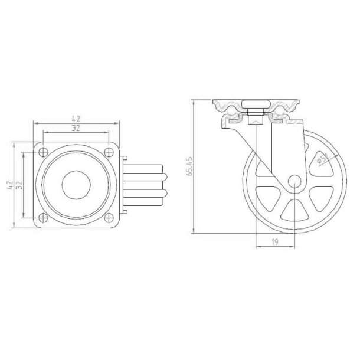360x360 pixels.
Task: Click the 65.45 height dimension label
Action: click(189, 167)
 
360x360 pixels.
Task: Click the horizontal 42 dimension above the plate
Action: click(77, 118)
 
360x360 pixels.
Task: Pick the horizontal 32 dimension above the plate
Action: click(77, 127)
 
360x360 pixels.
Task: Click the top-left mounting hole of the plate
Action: click(43, 152)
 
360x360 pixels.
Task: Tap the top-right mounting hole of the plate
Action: click(110, 152)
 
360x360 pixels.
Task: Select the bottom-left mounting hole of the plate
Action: click(43, 216)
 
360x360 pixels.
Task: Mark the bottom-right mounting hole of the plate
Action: click(110, 216)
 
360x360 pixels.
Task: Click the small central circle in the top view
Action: click(76, 184)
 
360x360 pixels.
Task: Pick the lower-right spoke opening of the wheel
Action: click(319, 199)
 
